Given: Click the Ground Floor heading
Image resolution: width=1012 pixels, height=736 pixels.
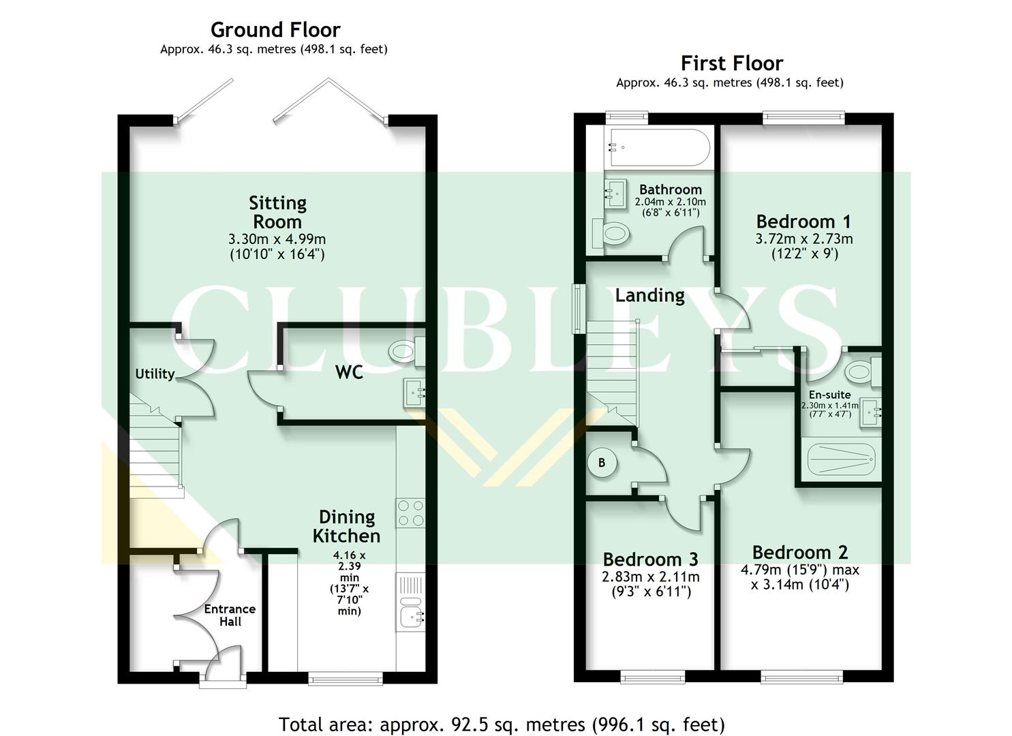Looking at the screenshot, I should tap(275, 30).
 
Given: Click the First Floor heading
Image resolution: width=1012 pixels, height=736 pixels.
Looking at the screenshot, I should tap(732, 63).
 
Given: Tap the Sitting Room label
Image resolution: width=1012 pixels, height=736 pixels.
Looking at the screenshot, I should tap(277, 212).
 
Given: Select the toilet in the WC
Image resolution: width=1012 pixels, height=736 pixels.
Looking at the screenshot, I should tap(403, 352).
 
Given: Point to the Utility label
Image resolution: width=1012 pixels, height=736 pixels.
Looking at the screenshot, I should tap(155, 373).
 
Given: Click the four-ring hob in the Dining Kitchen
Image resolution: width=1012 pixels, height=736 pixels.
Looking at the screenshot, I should tap(410, 513).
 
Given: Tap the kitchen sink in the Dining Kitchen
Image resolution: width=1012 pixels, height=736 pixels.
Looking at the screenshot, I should tap(410, 617).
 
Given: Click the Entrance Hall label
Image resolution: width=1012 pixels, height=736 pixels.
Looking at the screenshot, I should tap(230, 615).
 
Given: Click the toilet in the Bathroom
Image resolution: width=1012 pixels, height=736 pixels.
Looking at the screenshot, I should tap(611, 234).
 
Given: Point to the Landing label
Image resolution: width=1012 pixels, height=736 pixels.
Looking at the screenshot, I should tap(649, 295).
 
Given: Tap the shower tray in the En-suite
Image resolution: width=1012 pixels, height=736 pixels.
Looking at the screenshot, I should tap(840, 460).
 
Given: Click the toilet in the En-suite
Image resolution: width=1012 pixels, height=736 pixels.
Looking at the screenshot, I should tap(861, 372).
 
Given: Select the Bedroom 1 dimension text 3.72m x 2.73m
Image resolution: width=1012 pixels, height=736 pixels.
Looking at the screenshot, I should tap(803, 239).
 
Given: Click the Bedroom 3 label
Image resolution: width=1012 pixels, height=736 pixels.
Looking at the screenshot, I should tap(650, 559).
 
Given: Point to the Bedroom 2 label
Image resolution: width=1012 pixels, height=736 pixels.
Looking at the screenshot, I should tap(800, 552).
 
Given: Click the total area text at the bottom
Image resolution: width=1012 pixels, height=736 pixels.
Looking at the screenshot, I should tap(502, 724).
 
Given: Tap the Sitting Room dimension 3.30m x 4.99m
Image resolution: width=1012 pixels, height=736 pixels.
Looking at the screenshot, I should tap(277, 240).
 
